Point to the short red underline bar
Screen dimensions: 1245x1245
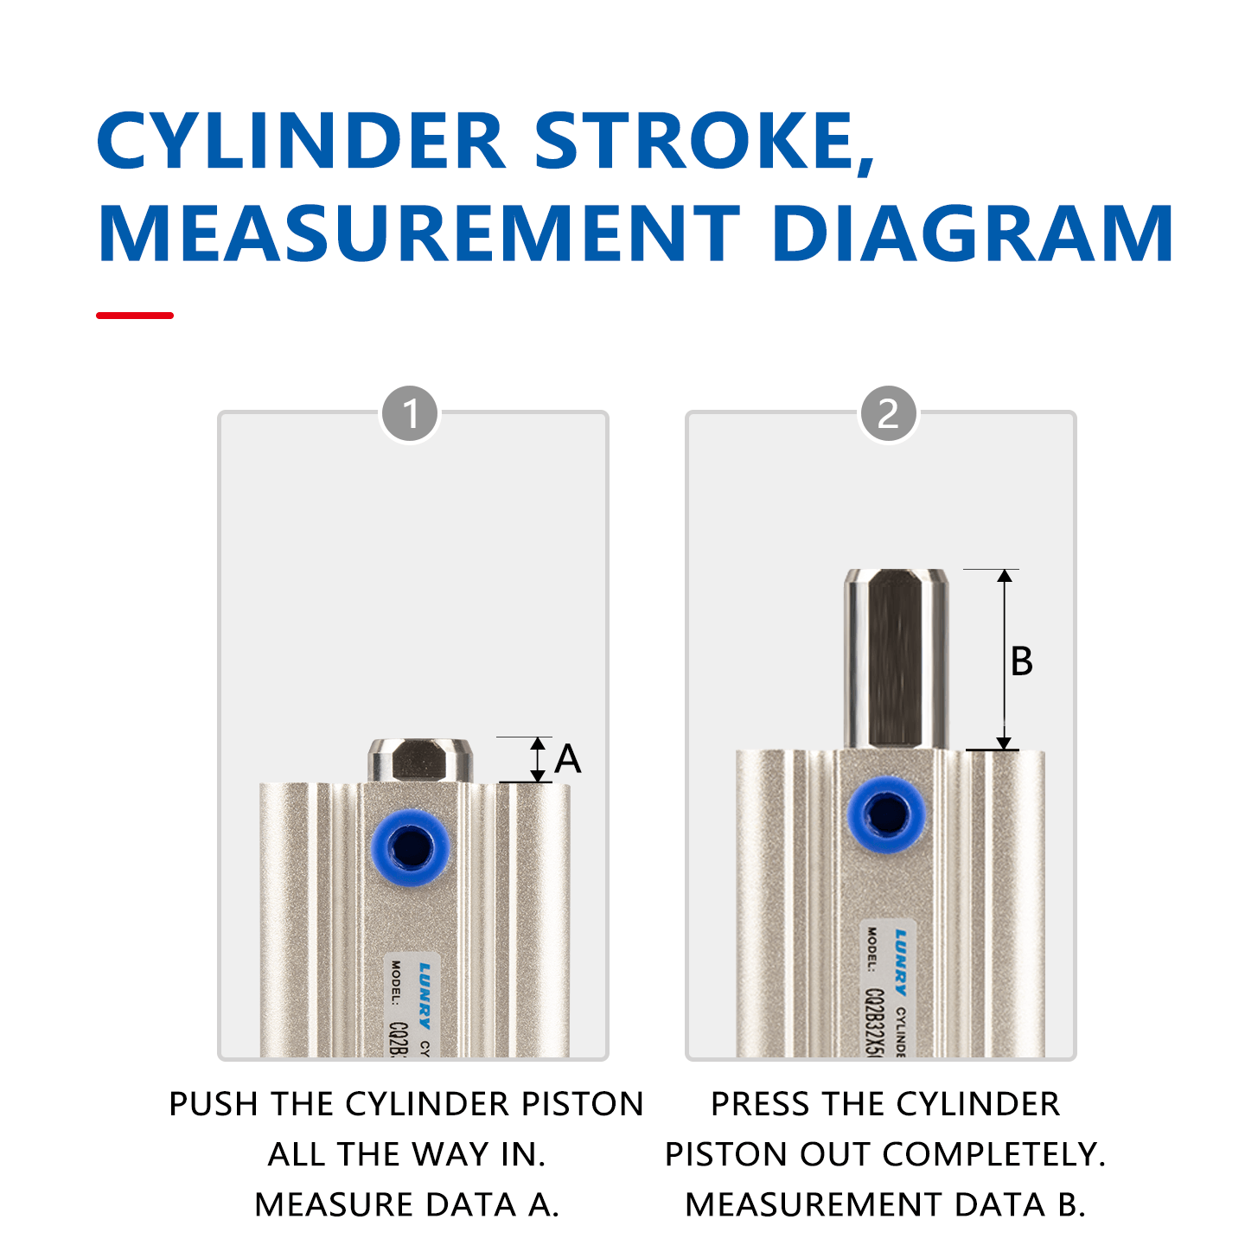coord(135,316)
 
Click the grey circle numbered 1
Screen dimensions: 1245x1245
coord(410,413)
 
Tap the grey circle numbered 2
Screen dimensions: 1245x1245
coord(888,413)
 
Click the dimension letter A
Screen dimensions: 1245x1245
coord(568,759)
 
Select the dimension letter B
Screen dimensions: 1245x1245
coord(1021,661)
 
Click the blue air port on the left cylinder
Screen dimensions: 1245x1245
coord(410,847)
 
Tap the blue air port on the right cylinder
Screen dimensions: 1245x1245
coord(886,814)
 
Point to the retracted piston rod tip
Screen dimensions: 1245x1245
coord(420,760)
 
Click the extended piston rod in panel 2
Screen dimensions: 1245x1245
coord(896,657)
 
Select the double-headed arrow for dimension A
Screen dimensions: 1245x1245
coord(538,759)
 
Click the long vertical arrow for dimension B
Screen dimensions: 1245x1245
coord(1004,659)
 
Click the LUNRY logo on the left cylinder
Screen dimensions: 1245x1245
coord(425,994)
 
